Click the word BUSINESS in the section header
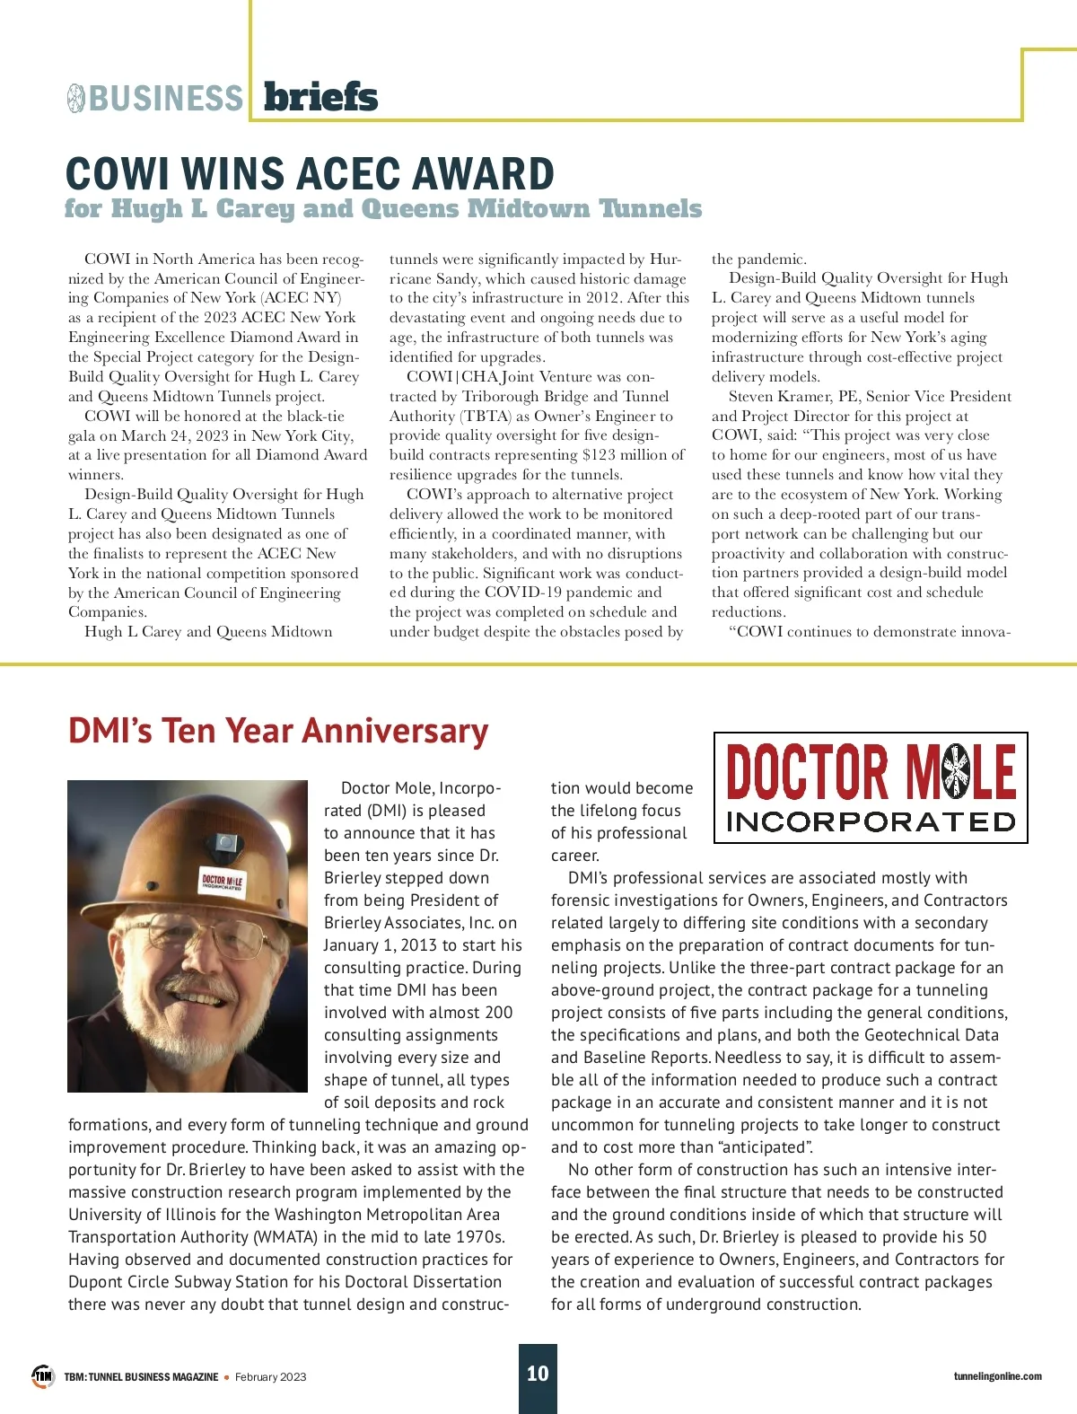[166, 99]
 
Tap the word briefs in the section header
[320, 97]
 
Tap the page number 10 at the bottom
[538, 1374]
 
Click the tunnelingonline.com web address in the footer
[997, 1376]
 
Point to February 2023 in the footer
[270, 1377]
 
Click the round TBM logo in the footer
[43, 1375]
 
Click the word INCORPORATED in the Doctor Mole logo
[871, 821]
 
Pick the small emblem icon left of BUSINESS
[75, 98]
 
